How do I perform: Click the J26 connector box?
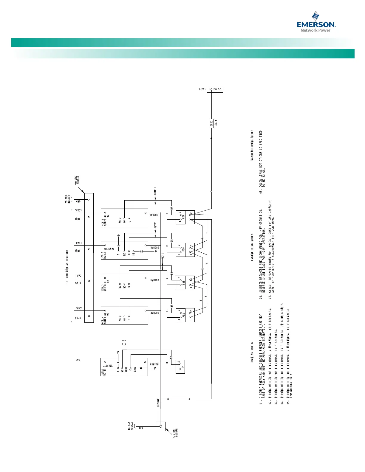[x=215, y=89]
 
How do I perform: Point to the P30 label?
[x=183, y=249]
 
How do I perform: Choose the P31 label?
[x=183, y=282]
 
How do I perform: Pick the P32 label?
[x=183, y=315]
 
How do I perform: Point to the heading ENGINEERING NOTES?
[x=252, y=247]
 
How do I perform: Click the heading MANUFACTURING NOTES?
[x=252, y=145]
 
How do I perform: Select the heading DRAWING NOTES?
[x=252, y=356]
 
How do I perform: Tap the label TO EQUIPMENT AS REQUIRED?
[x=67, y=267]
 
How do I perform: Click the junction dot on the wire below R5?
[x=211, y=138]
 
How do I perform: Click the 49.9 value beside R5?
[x=216, y=123]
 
